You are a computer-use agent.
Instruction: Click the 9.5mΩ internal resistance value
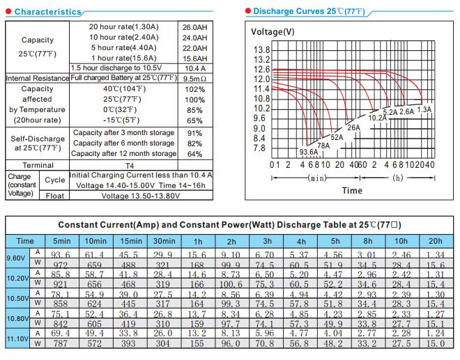click(x=194, y=79)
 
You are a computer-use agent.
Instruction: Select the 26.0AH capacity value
click(x=194, y=27)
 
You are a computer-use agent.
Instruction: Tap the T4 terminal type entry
click(x=130, y=166)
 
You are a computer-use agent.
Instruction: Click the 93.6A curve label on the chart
click(x=309, y=152)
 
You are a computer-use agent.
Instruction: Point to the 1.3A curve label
click(x=424, y=109)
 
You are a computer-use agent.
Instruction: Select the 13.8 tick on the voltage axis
click(x=261, y=50)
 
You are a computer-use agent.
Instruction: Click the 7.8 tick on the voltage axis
click(x=259, y=148)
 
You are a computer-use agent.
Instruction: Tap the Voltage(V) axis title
click(x=273, y=31)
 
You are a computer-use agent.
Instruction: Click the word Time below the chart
click(x=352, y=191)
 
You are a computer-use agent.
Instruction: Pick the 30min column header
click(x=164, y=241)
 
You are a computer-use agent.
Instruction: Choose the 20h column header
click(x=436, y=241)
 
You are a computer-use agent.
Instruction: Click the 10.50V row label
click(x=17, y=298)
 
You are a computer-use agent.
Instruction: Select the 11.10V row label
click(x=17, y=338)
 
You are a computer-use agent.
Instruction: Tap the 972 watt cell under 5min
click(x=61, y=265)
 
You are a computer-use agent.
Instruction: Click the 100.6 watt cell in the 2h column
click(x=231, y=284)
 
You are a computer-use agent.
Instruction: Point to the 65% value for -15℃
click(x=194, y=120)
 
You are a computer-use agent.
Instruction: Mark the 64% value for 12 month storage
click(x=194, y=154)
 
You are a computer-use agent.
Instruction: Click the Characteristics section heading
click(x=48, y=12)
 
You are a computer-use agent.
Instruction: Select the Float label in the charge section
click(x=55, y=196)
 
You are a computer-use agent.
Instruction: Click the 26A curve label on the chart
click(x=353, y=128)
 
